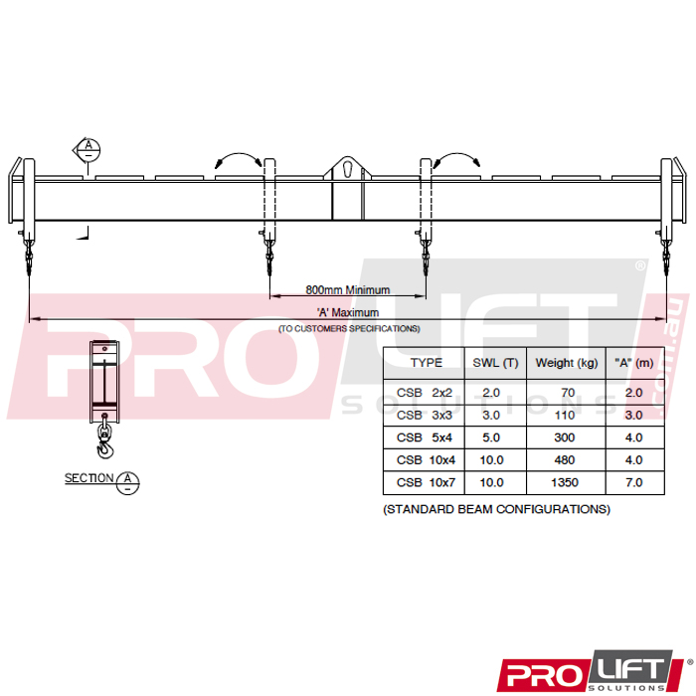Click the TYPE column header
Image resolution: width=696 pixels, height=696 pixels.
pos(427,363)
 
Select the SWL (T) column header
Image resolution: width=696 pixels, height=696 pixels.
pos(495,363)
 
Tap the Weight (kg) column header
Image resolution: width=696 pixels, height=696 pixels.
pos(567,363)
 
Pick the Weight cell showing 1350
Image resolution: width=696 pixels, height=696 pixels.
pos(565,482)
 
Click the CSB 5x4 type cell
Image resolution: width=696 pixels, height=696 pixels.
pos(425,437)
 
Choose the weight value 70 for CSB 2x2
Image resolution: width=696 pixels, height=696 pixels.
pos(568,393)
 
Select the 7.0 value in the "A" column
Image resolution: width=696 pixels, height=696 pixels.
pos(634,482)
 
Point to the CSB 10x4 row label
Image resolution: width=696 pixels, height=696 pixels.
pos(427,459)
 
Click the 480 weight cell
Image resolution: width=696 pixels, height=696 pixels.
pos(565,459)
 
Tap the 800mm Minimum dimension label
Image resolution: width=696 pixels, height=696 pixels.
pos(348,290)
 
